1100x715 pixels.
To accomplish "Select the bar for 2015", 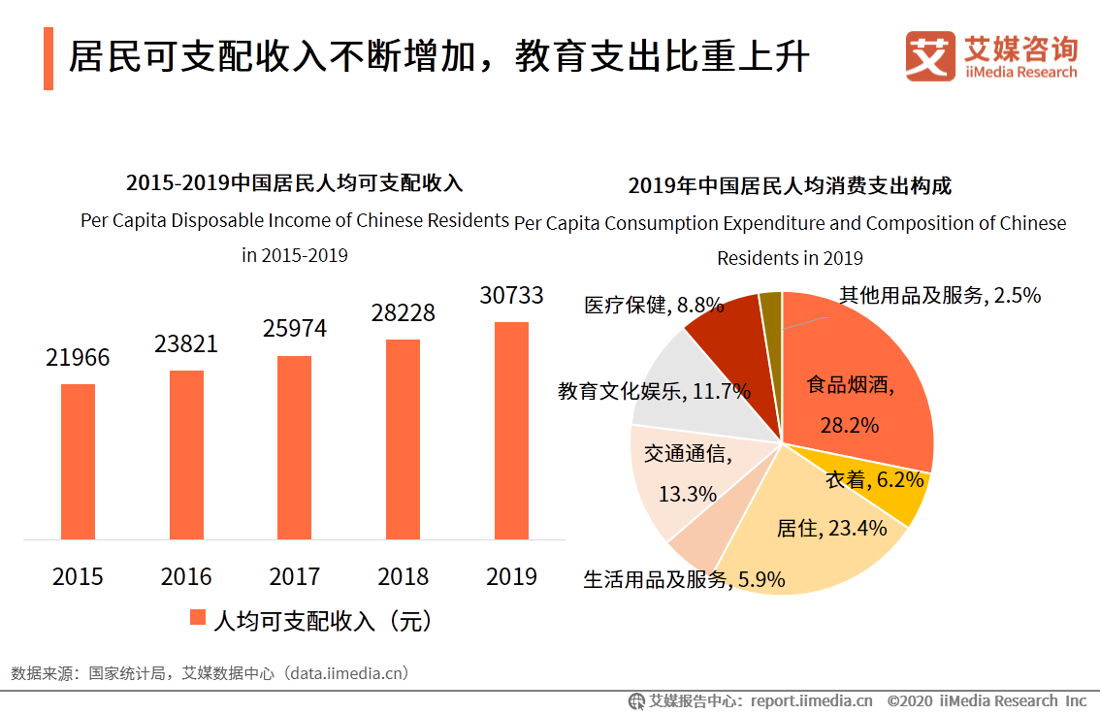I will click(78, 462).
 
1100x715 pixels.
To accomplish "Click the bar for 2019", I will click(511, 431).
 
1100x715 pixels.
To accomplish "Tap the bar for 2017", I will click(295, 447).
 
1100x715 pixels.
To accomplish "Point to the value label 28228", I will click(403, 313).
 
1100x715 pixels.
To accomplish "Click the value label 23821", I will click(186, 344).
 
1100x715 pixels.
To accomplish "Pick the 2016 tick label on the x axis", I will click(186, 577).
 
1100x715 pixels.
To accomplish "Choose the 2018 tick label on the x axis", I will click(403, 577).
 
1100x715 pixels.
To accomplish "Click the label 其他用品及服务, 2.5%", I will click(939, 296).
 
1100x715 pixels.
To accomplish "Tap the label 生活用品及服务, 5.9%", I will click(684, 581).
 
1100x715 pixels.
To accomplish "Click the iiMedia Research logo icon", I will click(930, 56).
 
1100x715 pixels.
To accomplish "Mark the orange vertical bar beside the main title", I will click(49, 59).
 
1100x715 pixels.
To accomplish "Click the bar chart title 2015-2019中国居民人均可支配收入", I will click(295, 182).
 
